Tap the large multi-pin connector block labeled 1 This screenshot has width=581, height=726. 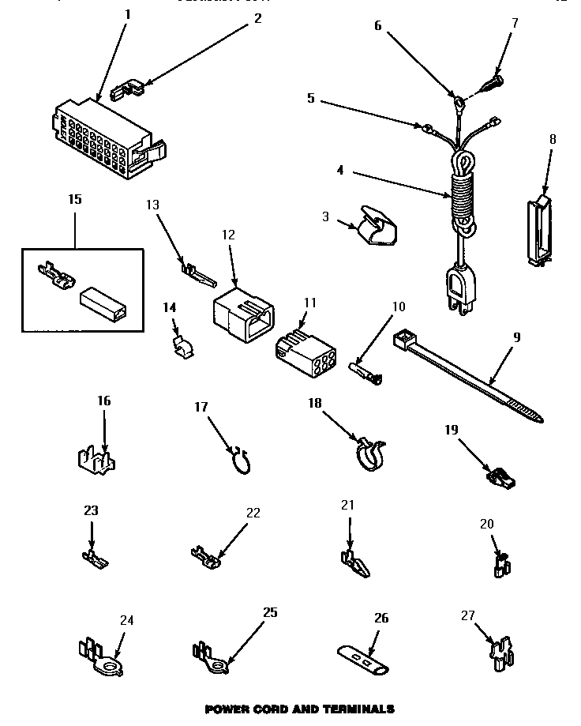tap(99, 134)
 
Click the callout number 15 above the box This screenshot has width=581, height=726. tap(74, 199)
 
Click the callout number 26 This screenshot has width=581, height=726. tap(381, 619)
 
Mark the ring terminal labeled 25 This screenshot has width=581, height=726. tap(211, 656)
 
